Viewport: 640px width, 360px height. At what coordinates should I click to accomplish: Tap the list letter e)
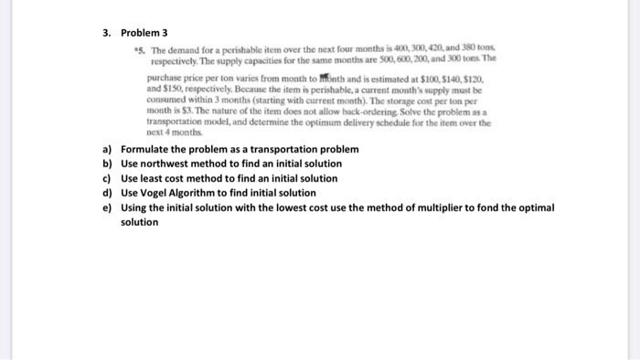[107, 207]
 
